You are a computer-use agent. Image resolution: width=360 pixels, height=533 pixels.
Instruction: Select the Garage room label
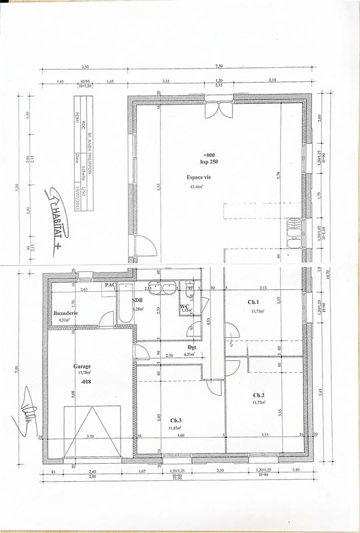[82, 366]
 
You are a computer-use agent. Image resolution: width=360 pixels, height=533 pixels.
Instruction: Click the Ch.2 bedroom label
[258, 395]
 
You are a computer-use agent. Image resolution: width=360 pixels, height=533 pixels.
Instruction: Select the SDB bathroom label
[138, 301]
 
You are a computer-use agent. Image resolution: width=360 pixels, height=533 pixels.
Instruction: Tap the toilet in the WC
[190, 288]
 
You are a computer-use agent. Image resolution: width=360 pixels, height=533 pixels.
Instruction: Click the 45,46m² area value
[198, 188]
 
